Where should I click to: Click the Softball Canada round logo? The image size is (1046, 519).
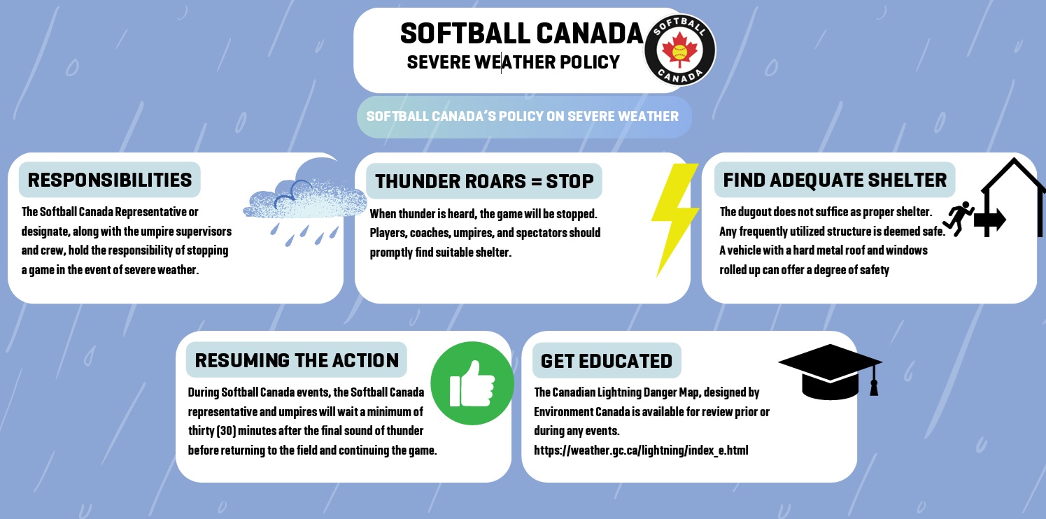point(680,50)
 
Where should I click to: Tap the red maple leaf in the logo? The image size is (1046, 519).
point(680,50)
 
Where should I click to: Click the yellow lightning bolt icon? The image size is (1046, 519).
point(675,220)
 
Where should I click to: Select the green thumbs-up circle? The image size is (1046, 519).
point(472,383)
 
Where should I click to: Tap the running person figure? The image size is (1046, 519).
point(959,218)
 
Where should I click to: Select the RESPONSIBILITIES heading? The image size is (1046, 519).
point(110,180)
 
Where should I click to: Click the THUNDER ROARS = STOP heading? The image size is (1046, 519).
point(484,181)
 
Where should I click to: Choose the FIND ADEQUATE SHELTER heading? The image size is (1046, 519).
point(835,180)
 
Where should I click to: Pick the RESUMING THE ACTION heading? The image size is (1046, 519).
point(297,360)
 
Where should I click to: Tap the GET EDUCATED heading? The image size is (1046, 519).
point(607,361)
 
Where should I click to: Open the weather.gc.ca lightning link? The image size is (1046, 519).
point(641,450)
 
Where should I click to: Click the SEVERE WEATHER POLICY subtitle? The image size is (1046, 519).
point(513,62)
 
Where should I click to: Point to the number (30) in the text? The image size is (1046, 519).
point(226,430)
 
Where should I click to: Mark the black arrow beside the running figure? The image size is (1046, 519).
point(990,220)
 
